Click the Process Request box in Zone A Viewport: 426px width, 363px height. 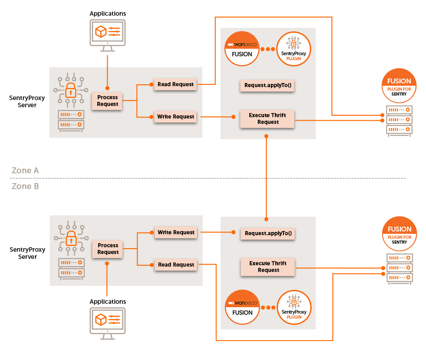(107, 101)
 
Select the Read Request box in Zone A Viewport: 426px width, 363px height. (175, 84)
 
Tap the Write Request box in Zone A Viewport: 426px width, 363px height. (175, 117)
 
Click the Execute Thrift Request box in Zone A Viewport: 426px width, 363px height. (268, 118)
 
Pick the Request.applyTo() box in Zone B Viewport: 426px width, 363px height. (268, 233)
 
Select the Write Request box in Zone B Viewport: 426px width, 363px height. (176, 232)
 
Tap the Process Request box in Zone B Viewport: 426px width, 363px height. (108, 249)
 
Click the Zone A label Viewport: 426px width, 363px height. (25, 171)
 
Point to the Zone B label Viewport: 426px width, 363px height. (25, 186)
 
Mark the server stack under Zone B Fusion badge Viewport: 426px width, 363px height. (399, 268)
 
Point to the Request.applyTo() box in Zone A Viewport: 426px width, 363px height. (268, 85)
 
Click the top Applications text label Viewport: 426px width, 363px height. (108, 13)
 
